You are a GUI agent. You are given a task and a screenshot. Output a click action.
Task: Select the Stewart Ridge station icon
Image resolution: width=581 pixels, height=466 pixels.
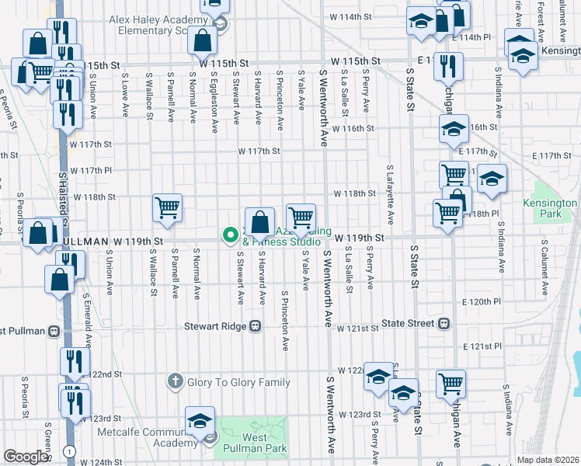pyautogui.click(x=254, y=327)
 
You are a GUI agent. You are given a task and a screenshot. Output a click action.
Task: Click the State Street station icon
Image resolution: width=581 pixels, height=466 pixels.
pyautogui.click(x=444, y=323)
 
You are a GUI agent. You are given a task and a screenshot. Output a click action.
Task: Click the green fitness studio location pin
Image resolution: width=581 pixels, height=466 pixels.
pyautogui.click(x=230, y=234)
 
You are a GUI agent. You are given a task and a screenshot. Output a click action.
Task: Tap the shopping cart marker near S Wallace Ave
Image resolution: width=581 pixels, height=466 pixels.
pyautogui.click(x=168, y=207)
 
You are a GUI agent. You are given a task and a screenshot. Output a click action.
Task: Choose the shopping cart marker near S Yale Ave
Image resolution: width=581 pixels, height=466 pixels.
pyautogui.click(x=301, y=217)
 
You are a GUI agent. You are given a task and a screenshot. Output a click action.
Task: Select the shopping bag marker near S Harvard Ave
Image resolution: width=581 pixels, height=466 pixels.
pyautogui.click(x=259, y=221)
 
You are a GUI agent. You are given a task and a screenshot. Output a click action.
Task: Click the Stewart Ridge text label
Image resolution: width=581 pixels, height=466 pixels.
pyautogui.click(x=214, y=327)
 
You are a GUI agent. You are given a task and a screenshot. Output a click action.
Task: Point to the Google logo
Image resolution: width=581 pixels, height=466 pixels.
pyautogui.click(x=26, y=457)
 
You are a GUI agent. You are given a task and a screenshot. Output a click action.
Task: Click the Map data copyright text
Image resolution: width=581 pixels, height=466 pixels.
pyautogui.click(x=548, y=460)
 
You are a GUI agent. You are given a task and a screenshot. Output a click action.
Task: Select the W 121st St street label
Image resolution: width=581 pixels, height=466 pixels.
pyautogui.click(x=359, y=328)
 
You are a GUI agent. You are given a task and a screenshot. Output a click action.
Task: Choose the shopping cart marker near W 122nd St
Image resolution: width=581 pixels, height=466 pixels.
pyautogui.click(x=451, y=382)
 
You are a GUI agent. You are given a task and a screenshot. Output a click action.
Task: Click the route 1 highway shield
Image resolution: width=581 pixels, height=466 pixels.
pyautogui.click(x=71, y=451)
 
